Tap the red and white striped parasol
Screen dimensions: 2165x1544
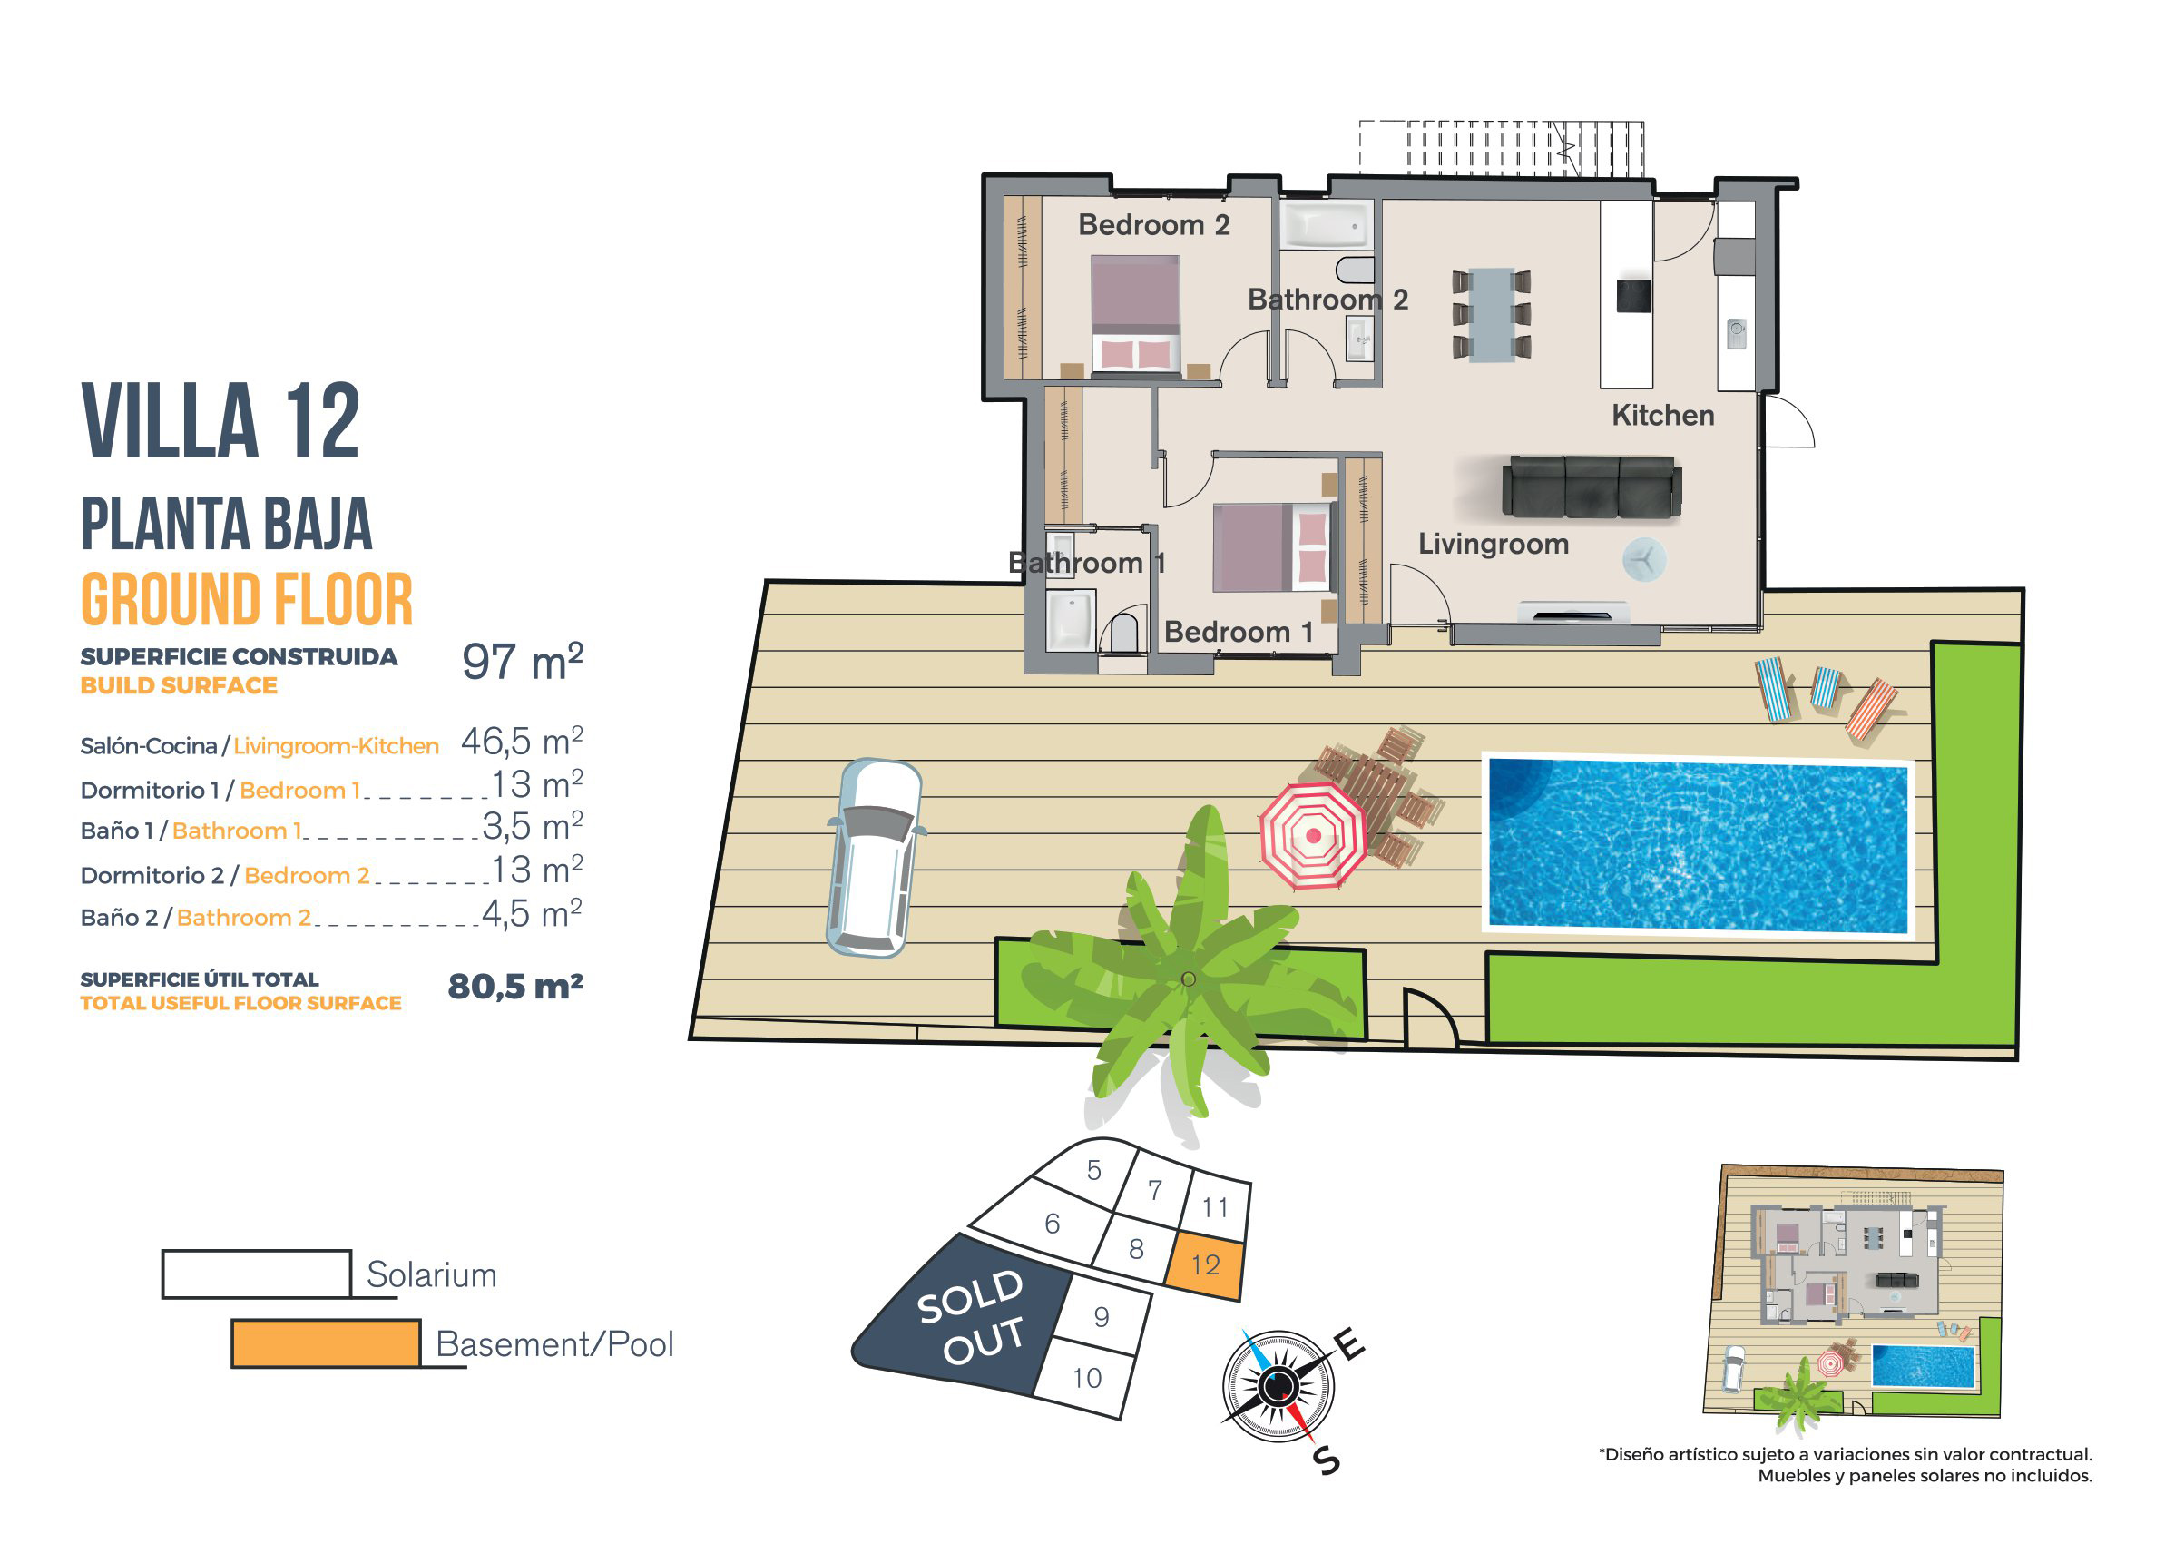(x=1312, y=836)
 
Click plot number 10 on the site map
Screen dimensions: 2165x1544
(x=1086, y=1378)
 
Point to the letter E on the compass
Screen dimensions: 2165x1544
(x=1348, y=1345)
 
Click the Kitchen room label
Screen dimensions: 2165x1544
(x=1662, y=416)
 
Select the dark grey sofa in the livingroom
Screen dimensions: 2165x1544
(x=1591, y=487)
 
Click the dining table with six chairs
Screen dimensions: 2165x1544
(x=1491, y=315)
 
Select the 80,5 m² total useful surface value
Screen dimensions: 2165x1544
(x=515, y=987)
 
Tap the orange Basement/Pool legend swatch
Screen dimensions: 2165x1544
(x=325, y=1343)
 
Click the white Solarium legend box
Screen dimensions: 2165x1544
(x=257, y=1274)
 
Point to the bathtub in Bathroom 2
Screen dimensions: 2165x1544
(x=1327, y=225)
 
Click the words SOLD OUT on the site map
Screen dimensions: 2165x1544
(x=971, y=1316)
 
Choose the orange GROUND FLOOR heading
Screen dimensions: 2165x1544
(x=247, y=600)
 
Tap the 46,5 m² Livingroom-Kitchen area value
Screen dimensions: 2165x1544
(x=522, y=741)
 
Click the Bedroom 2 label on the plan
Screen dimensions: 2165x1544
(x=1154, y=225)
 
